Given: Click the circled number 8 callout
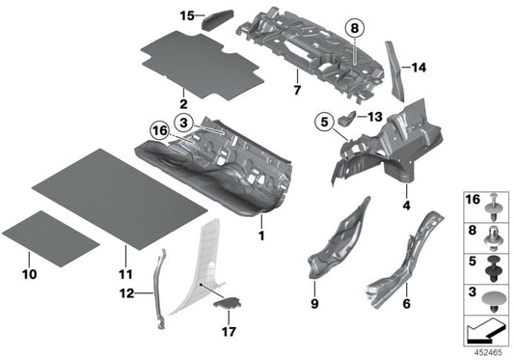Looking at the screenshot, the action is (x=355, y=29).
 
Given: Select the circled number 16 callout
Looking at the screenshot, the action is (x=160, y=131).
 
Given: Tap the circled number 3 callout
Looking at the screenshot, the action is (x=183, y=123).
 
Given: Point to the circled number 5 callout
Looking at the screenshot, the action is (x=324, y=123).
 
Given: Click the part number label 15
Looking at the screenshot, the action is (x=187, y=15).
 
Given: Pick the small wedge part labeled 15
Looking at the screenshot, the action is (x=218, y=19).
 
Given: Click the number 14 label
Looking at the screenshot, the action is (x=419, y=68).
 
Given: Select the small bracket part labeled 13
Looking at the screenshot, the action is (x=347, y=118).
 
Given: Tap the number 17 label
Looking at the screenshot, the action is (x=229, y=332).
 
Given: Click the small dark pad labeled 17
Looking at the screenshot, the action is (x=228, y=303).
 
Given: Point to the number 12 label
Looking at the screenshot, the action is (x=127, y=293).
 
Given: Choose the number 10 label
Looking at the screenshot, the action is (x=30, y=274).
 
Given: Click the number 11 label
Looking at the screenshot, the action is (x=125, y=274).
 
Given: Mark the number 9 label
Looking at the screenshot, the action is (x=314, y=304).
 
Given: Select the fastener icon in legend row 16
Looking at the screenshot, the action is (x=492, y=208).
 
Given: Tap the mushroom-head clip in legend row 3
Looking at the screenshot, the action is (x=493, y=302).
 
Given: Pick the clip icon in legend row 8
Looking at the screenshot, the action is (x=492, y=238).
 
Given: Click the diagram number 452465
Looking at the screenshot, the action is (x=488, y=353).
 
